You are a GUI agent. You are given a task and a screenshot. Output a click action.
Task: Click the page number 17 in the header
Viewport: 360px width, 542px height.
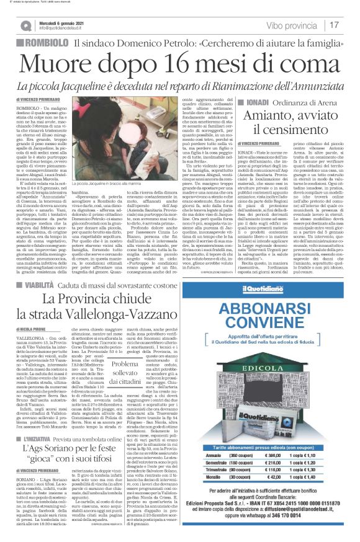coord(334,25)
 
